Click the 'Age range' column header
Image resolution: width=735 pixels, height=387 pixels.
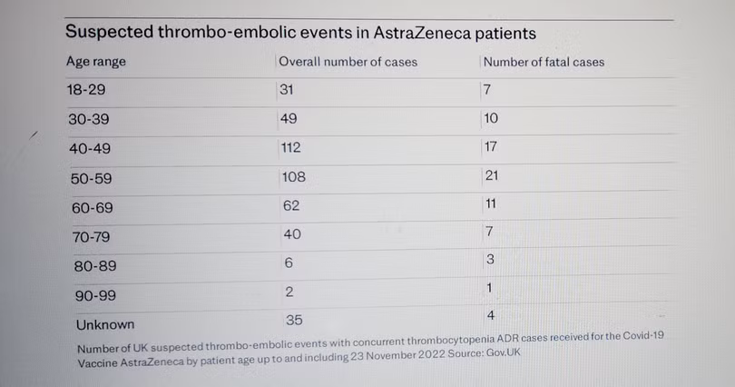95,62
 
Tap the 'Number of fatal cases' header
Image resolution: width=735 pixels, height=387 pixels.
544,62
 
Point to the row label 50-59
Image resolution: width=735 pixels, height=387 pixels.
92,179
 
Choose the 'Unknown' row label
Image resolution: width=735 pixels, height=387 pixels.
103,324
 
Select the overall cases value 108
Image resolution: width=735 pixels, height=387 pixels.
293,177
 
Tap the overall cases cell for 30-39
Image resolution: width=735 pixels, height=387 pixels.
289,119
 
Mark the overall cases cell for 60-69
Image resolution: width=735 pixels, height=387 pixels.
290,206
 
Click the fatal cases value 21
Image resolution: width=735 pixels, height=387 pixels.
493,176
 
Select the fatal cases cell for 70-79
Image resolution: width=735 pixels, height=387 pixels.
489,233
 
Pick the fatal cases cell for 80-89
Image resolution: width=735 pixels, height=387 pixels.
489,260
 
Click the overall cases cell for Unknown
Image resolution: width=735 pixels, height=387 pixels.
291,319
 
